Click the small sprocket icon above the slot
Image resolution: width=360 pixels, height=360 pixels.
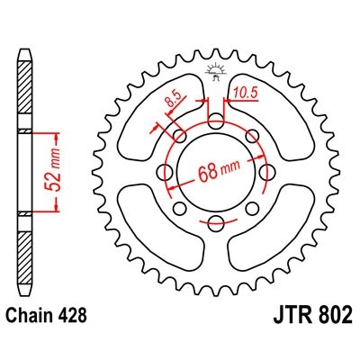coord(216,72)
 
